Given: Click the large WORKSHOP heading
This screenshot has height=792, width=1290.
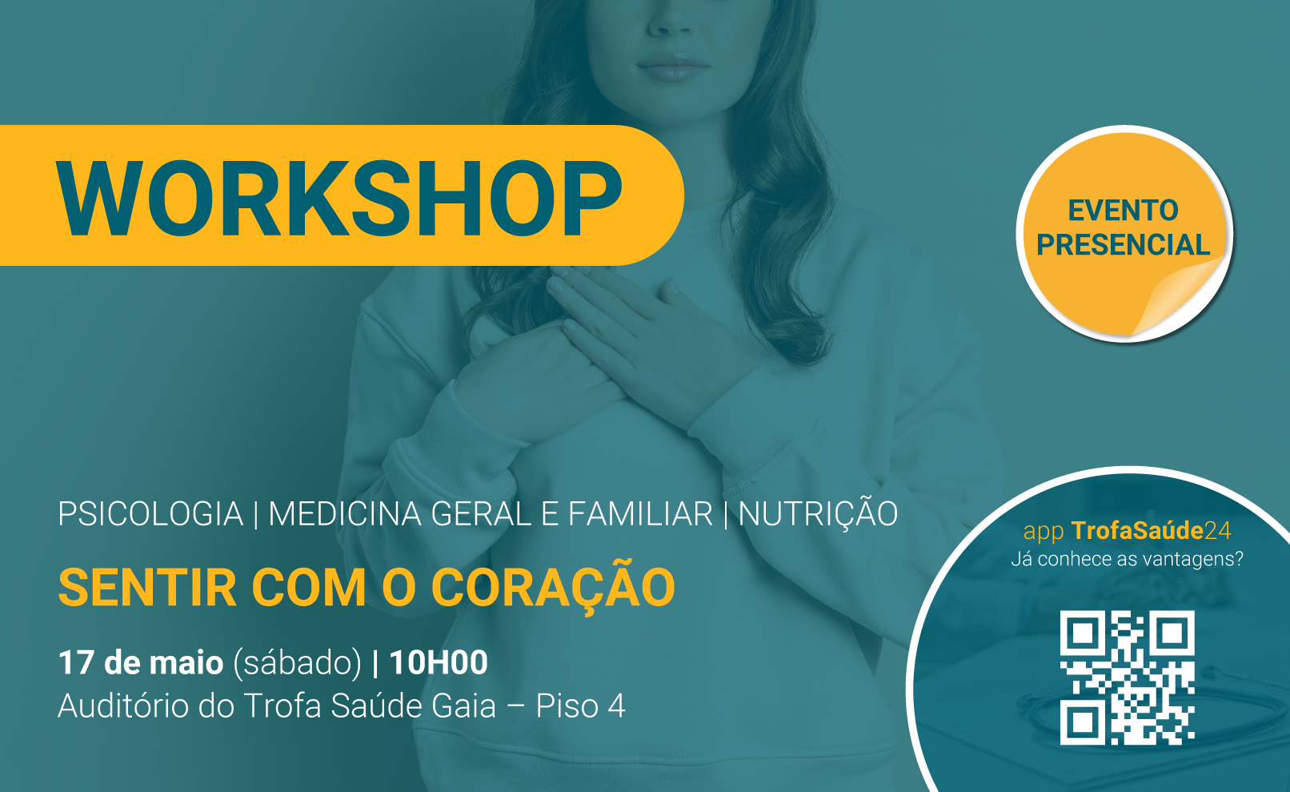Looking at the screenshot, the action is pos(339,198).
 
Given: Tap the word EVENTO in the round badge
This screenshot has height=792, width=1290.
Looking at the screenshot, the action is pos(1123,211).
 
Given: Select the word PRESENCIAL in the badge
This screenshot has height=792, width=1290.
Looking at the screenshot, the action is pos(1123,244).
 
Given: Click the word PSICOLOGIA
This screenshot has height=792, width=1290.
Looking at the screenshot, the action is pos(150,513).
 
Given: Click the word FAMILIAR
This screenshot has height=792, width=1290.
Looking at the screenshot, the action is pos(640,513).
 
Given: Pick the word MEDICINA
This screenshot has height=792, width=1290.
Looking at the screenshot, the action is pos(346,513).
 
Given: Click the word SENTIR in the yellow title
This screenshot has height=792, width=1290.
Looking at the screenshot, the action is pos(147,588).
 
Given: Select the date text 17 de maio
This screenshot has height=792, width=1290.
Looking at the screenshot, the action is pos(141,662).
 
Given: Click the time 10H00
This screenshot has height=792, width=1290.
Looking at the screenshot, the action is pos(439,662).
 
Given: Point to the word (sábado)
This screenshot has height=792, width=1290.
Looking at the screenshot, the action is pos(297,663).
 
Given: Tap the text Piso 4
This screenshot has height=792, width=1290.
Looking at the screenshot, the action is pos(580,706).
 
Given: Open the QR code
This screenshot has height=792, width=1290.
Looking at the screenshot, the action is pos(1127,677).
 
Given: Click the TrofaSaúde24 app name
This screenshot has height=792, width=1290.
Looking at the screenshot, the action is pos(1151,531).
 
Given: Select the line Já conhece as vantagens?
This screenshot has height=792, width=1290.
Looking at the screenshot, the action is pos(1127,559).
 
